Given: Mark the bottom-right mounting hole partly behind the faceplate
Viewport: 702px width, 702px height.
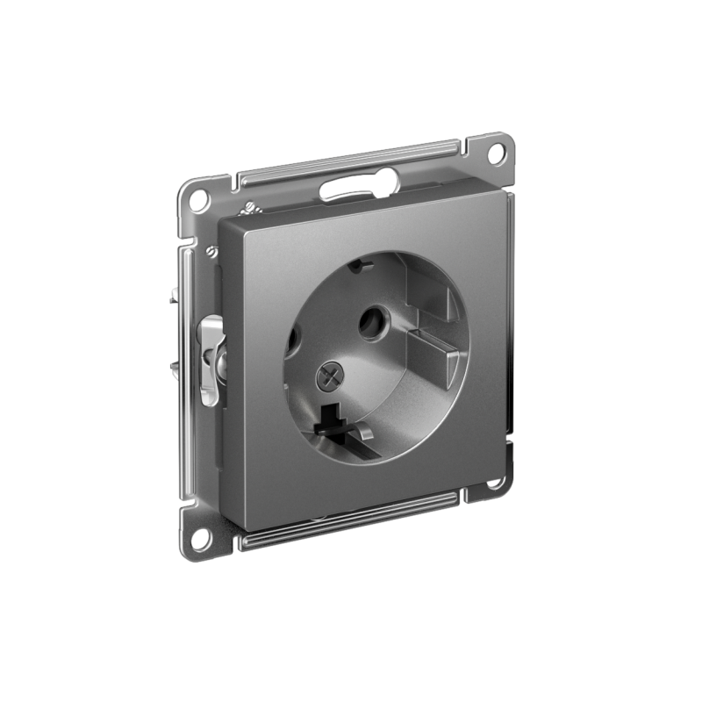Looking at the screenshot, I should click(495, 482).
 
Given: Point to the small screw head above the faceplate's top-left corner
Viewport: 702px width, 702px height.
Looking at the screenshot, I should click(247, 209).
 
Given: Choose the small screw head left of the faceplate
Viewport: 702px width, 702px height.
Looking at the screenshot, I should click(211, 252).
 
